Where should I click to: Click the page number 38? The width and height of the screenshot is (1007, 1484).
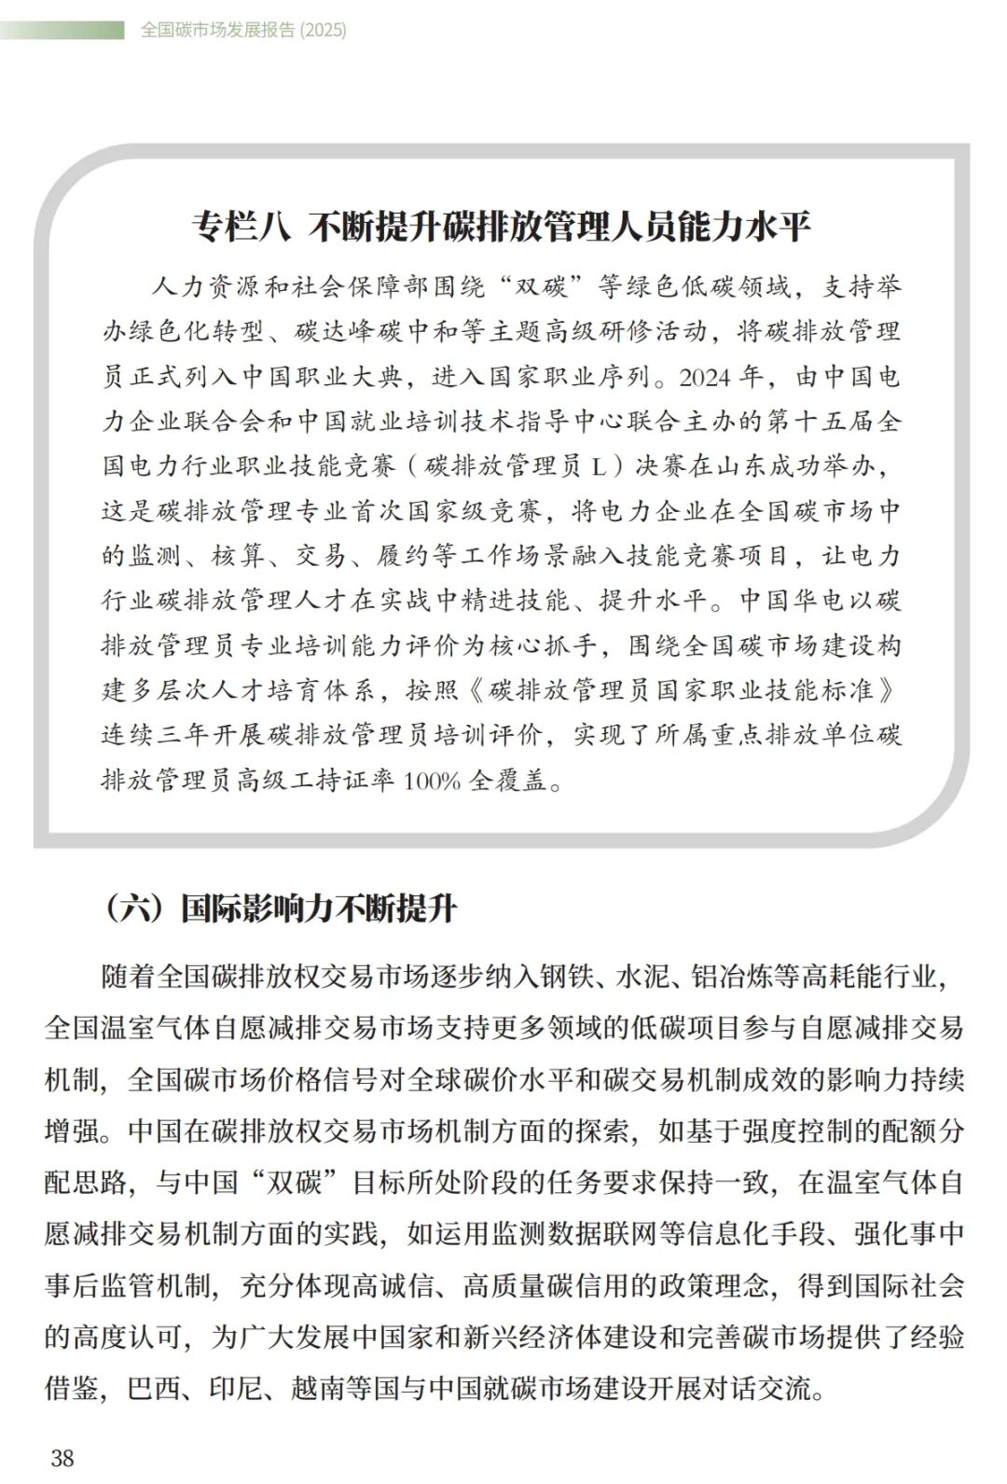[x=62, y=1457]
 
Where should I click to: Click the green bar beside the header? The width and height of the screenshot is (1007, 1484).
[x=62, y=30]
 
